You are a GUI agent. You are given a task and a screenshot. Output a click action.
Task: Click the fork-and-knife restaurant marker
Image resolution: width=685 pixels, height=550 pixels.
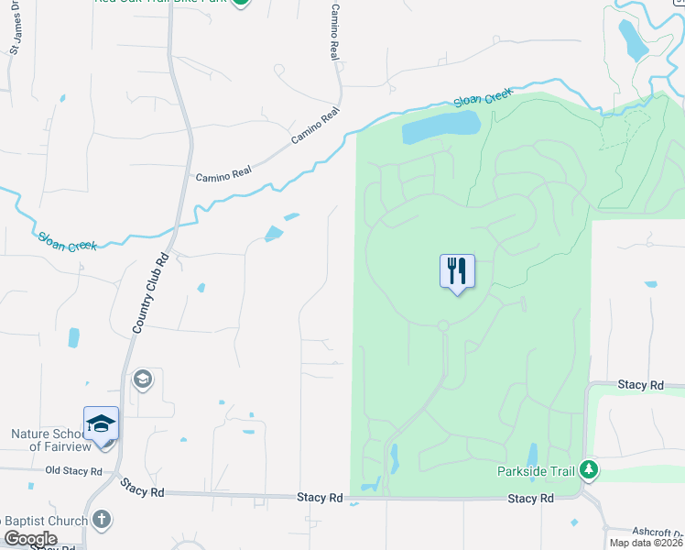click(x=457, y=272)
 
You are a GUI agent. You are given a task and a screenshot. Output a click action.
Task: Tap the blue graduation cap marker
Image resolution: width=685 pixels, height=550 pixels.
click(x=101, y=423)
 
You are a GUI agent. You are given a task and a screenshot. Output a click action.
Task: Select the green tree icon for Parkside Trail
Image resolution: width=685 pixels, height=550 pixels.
click(x=588, y=471)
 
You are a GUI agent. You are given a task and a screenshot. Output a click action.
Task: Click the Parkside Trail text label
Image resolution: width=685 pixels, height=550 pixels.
click(x=536, y=471)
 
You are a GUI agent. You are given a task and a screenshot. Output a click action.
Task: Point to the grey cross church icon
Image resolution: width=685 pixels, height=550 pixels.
click(x=101, y=520)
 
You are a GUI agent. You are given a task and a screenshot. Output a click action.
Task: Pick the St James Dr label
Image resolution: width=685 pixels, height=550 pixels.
click(x=14, y=33)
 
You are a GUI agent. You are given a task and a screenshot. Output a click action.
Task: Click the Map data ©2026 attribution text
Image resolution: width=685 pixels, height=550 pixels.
click(x=645, y=543)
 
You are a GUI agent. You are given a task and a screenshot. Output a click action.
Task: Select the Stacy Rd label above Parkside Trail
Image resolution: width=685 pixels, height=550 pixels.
click(x=639, y=386)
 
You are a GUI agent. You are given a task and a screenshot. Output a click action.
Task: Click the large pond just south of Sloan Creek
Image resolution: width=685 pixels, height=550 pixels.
click(x=441, y=126)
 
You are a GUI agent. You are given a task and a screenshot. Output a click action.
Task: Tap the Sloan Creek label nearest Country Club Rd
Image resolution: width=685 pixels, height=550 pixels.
click(x=67, y=239)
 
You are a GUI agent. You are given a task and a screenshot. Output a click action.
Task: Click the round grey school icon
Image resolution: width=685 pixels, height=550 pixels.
click(x=142, y=379)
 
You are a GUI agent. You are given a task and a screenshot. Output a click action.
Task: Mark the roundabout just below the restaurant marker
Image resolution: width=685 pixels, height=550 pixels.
click(x=443, y=325)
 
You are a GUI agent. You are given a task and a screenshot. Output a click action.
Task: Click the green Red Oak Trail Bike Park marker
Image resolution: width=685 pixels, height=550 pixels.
click(x=240, y=2)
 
